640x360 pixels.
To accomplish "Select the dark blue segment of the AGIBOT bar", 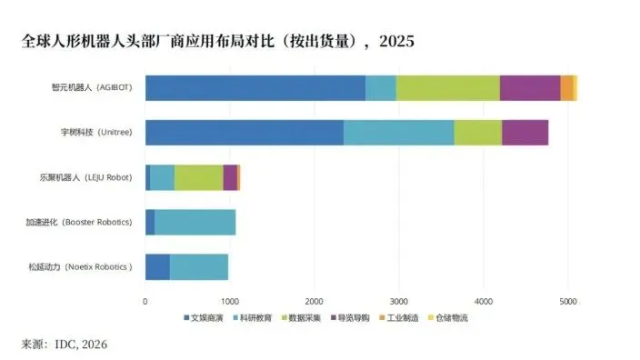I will coord(255,88).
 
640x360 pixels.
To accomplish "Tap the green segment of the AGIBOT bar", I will coord(447,88).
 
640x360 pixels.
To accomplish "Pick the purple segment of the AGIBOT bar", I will coord(530,88).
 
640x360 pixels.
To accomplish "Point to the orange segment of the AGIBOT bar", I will coord(566,88).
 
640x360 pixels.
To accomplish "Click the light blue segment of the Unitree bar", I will coord(398,133).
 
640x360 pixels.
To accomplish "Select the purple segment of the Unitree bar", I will coord(525,133).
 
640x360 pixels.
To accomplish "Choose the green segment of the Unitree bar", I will coord(477,133).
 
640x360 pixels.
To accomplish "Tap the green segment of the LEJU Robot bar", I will coord(198,177).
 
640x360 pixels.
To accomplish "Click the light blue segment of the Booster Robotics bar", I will coord(195,222).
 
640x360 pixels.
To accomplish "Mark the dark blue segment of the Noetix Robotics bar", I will coord(157,266).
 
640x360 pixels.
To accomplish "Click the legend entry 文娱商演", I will coord(201,318).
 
